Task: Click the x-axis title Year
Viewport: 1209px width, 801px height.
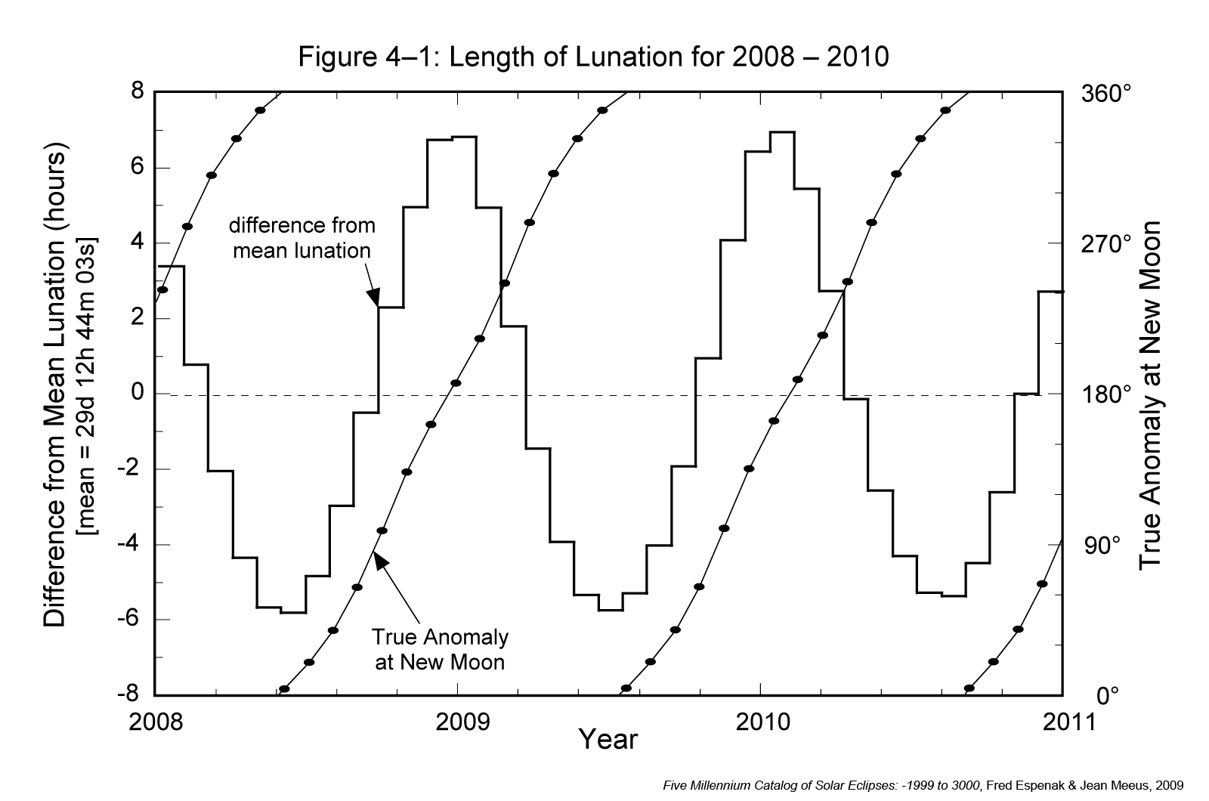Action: coord(608,739)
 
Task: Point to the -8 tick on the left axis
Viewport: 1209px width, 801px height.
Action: coord(130,695)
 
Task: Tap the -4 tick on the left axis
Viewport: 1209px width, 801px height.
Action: coord(130,545)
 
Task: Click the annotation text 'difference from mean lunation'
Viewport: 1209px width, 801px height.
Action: coord(301,237)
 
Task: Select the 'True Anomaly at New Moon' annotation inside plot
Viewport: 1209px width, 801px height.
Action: coord(440,649)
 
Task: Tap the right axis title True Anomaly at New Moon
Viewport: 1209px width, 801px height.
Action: coord(1150,394)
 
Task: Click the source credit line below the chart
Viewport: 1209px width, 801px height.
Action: coord(923,785)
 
